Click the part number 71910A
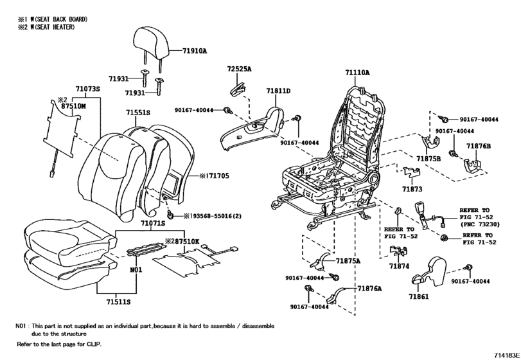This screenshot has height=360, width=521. tap(195, 49)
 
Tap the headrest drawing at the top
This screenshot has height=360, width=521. tap(153, 42)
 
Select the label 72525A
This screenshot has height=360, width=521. tap(239, 68)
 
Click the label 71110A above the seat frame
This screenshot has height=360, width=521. tap(357, 73)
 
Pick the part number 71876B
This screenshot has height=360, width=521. tap(479, 147)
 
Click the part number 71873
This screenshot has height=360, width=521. tap(412, 190)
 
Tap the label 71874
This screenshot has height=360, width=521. tap(399, 265)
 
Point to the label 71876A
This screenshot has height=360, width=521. tap(370, 289)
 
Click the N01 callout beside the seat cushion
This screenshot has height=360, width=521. tap(134, 270)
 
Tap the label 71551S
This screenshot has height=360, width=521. tap(138, 113)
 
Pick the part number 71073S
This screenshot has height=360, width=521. tap(88, 88)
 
